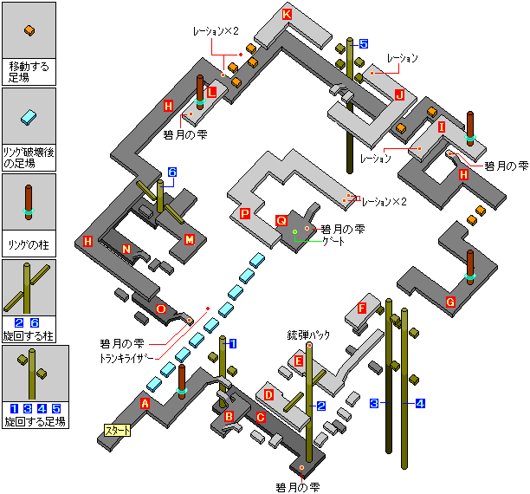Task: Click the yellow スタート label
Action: pyautogui.click(x=116, y=430)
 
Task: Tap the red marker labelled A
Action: pyautogui.click(x=145, y=403)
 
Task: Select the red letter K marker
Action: pyautogui.click(x=288, y=15)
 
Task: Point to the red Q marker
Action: pyautogui.click(x=281, y=221)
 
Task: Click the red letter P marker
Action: pyautogui.click(x=245, y=213)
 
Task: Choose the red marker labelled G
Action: pyautogui.click(x=449, y=302)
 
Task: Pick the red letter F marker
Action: pyautogui.click(x=362, y=308)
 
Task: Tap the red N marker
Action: pyautogui.click(x=126, y=250)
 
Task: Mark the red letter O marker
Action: pyautogui.click(x=160, y=309)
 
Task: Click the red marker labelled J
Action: pyautogui.click(x=399, y=94)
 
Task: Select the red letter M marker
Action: pyautogui.click(x=190, y=239)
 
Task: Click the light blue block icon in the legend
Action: pyautogui.click(x=29, y=116)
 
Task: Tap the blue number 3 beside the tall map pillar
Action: pyautogui.click(x=374, y=403)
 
